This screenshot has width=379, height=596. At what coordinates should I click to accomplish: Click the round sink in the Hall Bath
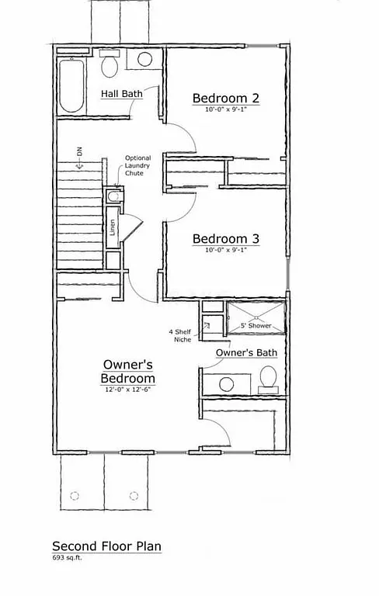(x=145, y=60)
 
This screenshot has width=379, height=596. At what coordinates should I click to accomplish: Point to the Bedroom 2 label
(x=225, y=99)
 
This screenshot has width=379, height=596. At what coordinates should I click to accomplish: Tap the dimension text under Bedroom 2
(x=225, y=110)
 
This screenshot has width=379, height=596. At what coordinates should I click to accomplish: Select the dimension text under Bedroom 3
(x=225, y=250)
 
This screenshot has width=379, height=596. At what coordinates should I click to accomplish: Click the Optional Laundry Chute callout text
(x=137, y=165)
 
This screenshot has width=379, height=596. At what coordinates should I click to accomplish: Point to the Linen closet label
(x=113, y=228)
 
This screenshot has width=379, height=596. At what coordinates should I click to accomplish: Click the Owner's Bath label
(x=247, y=353)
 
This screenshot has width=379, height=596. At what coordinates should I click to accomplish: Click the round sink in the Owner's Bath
(x=227, y=383)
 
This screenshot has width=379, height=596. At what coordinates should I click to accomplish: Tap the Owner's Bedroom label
(x=128, y=371)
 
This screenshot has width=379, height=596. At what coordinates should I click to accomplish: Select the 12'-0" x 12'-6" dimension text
(x=128, y=390)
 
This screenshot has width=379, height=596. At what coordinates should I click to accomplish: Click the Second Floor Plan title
(x=106, y=546)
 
